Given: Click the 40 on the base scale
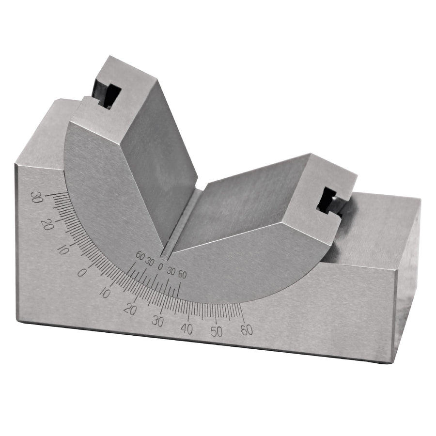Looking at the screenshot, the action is pyautogui.click(x=187, y=329).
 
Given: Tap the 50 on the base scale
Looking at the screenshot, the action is pyautogui.click(x=217, y=331).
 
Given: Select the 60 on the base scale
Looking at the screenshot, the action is pyautogui.click(x=247, y=330).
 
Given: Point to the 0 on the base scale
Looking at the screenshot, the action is pyautogui.click(x=81, y=273).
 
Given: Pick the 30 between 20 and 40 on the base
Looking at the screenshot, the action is pyautogui.click(x=157, y=322).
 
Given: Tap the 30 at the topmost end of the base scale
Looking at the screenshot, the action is pyautogui.click(x=36, y=198).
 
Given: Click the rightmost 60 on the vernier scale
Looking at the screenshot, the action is pyautogui.click(x=182, y=275).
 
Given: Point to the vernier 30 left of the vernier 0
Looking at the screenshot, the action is pyautogui.click(x=150, y=262).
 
